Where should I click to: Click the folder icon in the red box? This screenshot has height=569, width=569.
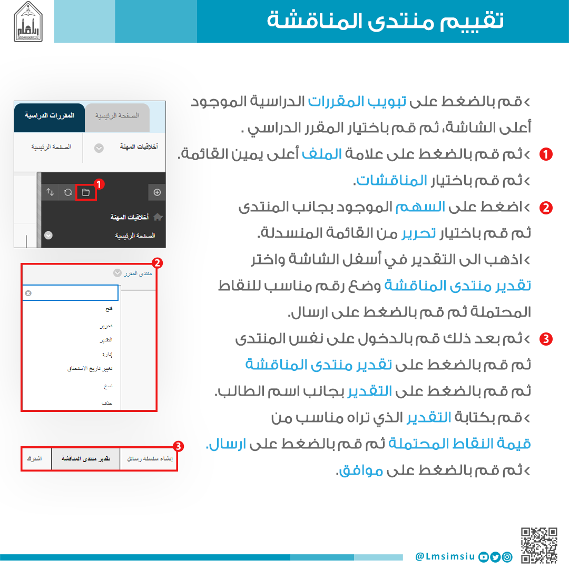coord(85,192)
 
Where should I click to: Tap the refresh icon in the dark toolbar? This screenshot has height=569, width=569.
coord(68,192)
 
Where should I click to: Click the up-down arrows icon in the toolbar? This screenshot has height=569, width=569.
coord(50,192)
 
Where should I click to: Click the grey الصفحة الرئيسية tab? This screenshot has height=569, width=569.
coord(117,115)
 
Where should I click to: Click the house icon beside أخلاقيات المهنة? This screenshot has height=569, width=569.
coord(158,217)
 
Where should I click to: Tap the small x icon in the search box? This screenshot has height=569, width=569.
coord(28,293)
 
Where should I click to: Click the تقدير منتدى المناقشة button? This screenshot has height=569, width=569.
coord(85,459)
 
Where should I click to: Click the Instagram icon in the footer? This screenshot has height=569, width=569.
coord(507,556)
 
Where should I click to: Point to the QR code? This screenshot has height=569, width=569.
coord(539,545)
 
